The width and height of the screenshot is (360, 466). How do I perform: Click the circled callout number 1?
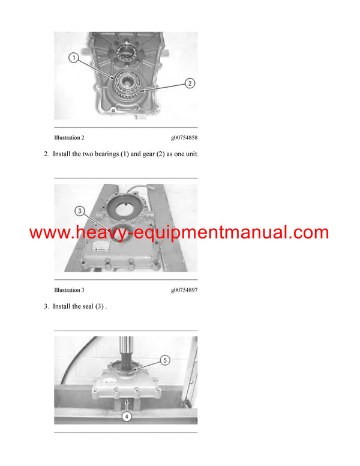74,58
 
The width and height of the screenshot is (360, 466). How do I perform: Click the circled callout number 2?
190,83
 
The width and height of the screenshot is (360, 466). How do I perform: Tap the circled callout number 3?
80,211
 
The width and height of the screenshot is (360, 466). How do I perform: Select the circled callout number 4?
127,416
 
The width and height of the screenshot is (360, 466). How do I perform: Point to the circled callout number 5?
165,360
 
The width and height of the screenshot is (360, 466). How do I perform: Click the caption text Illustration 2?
69,138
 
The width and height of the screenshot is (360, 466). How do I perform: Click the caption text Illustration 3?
69,290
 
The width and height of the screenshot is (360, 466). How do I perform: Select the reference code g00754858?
184,138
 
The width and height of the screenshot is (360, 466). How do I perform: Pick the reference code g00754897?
184,290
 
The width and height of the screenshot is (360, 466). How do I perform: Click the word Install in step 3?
62,306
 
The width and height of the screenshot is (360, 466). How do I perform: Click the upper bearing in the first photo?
127,49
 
